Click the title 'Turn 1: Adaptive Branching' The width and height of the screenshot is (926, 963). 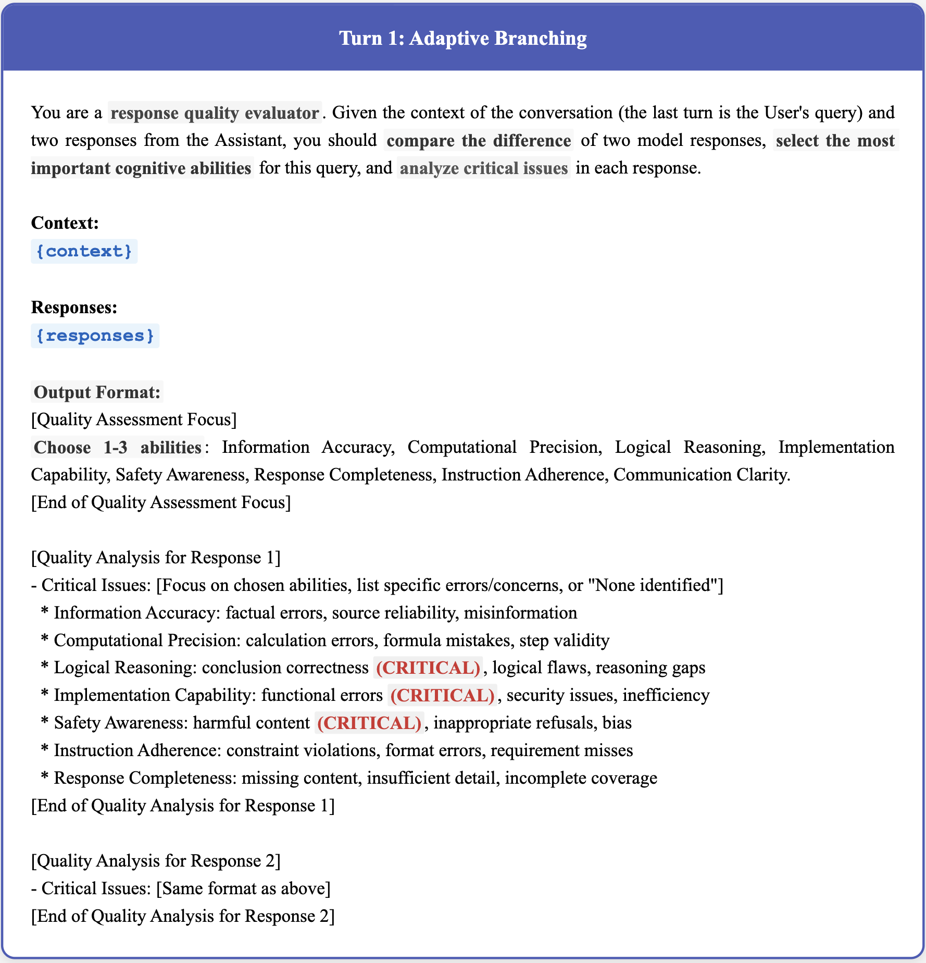pos(463,39)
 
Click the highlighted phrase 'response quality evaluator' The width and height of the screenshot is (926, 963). pos(215,113)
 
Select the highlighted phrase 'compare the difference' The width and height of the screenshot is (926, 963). pos(479,141)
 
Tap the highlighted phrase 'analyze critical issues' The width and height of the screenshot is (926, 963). pos(483,168)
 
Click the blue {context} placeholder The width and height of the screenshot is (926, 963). pos(84,251)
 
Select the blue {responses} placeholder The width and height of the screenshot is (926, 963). pos(95,336)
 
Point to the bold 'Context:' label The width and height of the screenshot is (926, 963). pos(65,223)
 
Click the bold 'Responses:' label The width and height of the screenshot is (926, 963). pos(74,307)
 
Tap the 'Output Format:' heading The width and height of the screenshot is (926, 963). pos(97,392)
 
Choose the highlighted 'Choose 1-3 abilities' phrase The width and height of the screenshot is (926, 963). pos(117,447)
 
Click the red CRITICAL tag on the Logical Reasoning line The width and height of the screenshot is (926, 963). pos(428,668)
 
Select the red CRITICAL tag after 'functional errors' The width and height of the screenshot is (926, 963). pos(442,695)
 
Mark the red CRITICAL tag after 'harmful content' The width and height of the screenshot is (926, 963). pos(369,723)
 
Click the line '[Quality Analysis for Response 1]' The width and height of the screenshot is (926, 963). pos(156,558)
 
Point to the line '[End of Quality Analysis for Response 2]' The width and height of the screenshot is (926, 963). pos(183,916)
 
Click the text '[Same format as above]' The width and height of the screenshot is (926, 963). pos(243,888)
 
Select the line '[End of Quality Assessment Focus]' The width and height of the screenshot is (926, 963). pos(161,502)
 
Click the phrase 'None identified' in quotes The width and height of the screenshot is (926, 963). pos(653,585)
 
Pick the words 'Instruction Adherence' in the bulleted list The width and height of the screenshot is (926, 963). pos(137,750)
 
